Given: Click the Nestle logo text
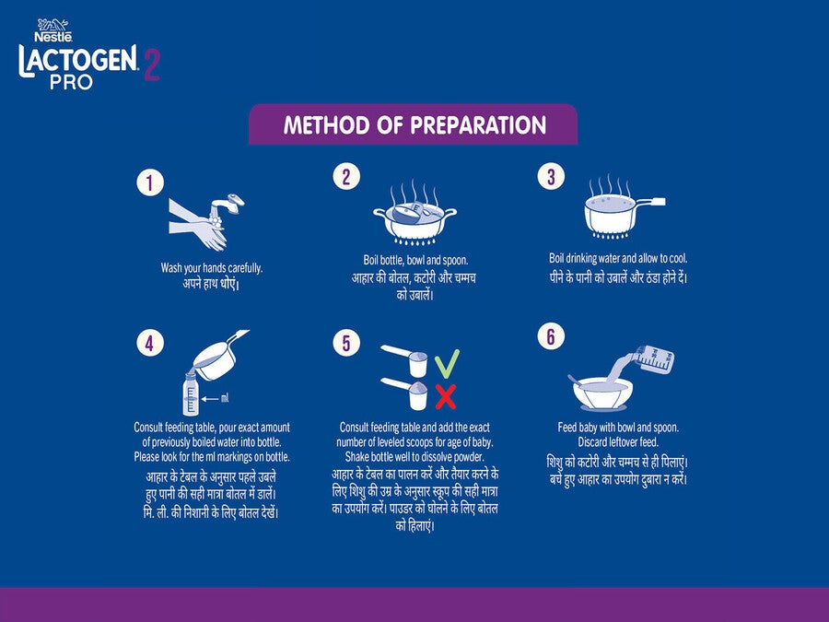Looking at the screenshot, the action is [x=53, y=37].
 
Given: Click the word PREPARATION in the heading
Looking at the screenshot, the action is [x=478, y=125].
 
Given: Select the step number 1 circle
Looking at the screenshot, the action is [x=150, y=182].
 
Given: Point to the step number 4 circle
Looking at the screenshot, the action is [x=150, y=344].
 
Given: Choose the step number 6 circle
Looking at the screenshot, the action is [x=551, y=336].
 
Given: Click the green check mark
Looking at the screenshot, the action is [x=447, y=364].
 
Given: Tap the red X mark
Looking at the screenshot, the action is [x=446, y=396].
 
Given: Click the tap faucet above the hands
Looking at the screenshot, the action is [x=228, y=205].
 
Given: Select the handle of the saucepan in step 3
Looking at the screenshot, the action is [x=651, y=202].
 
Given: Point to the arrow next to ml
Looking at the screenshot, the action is [x=210, y=399].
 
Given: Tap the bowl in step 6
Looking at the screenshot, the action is [x=602, y=393].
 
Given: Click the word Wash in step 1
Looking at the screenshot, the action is [x=171, y=267].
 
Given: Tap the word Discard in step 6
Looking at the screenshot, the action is [x=592, y=441].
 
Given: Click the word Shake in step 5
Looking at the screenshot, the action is [x=357, y=456].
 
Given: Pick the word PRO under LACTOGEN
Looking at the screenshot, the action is [x=71, y=82].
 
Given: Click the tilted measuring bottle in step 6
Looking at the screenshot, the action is [x=653, y=358].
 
